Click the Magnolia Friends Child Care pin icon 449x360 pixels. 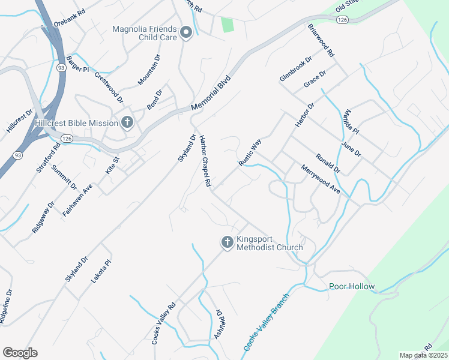point(185,32)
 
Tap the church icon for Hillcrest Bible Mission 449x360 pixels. point(127,123)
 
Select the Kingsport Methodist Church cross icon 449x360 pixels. point(227,242)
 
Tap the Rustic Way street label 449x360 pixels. point(250,152)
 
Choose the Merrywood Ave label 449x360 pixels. point(321,179)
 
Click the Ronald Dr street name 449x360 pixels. point(328,162)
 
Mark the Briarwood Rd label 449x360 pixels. point(321,40)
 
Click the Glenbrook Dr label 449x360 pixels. point(296,69)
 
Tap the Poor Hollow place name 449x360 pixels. point(352,286)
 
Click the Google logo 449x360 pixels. point(20,353)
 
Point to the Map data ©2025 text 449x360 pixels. point(424,355)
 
